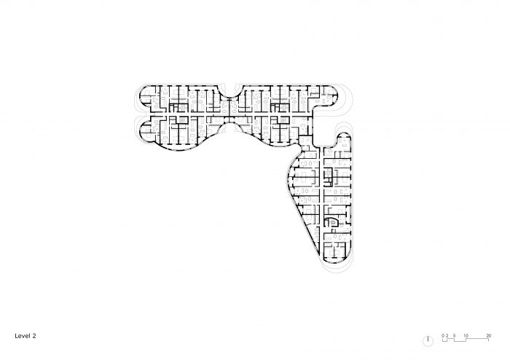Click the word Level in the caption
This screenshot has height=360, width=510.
21,337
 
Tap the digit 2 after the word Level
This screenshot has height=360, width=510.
33,337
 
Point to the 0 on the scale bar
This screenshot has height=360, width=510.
442,335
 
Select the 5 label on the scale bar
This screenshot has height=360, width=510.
454,335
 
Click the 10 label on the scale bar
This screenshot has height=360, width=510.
466,335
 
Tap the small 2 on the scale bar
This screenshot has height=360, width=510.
447,335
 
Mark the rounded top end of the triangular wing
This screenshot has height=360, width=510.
343,137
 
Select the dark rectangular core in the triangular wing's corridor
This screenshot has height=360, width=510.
328,173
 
